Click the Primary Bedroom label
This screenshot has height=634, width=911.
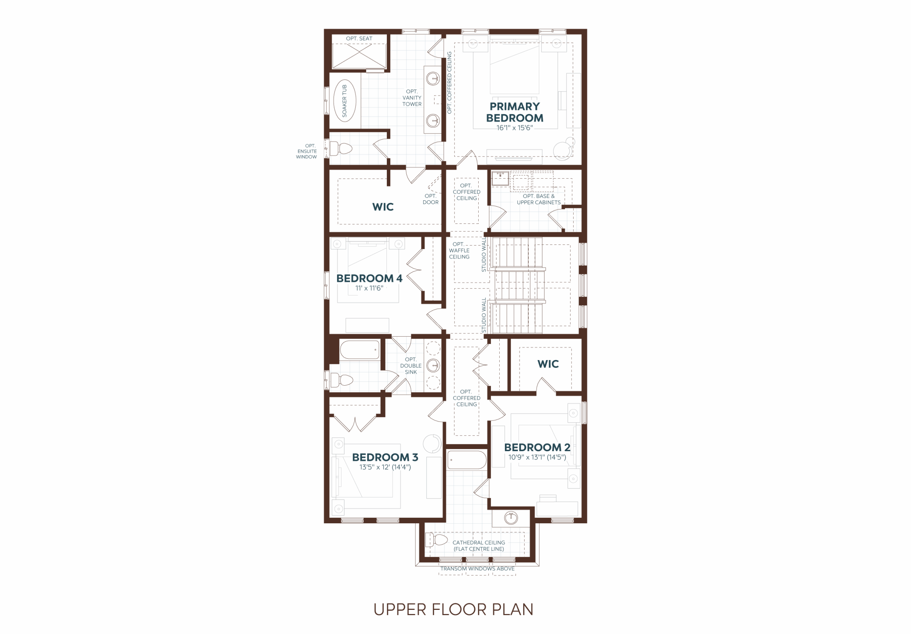click(x=515, y=112)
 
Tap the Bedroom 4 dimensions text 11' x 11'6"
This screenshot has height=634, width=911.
click(x=369, y=288)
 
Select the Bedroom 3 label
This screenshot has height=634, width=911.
click(x=385, y=457)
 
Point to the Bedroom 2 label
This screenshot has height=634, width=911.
click(x=537, y=447)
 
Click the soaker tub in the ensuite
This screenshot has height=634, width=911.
click(x=344, y=101)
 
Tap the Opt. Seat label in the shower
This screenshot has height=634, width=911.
click(x=359, y=38)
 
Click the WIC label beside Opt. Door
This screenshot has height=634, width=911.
click(x=383, y=207)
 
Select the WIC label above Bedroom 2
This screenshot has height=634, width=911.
click(x=548, y=364)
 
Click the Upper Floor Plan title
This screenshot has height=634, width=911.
click(x=453, y=609)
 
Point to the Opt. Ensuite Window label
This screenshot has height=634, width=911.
click(x=307, y=151)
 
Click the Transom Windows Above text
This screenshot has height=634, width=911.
click(x=477, y=569)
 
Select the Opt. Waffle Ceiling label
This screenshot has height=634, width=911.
click(x=459, y=250)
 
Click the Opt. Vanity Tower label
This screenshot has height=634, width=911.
click(x=412, y=97)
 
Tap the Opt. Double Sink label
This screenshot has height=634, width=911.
click(x=411, y=366)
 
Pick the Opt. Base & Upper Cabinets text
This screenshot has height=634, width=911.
click(x=538, y=199)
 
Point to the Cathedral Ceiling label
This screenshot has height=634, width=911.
click(x=479, y=545)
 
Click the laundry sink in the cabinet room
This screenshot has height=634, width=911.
click(x=500, y=178)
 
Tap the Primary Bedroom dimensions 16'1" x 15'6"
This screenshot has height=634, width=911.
click(x=515, y=128)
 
